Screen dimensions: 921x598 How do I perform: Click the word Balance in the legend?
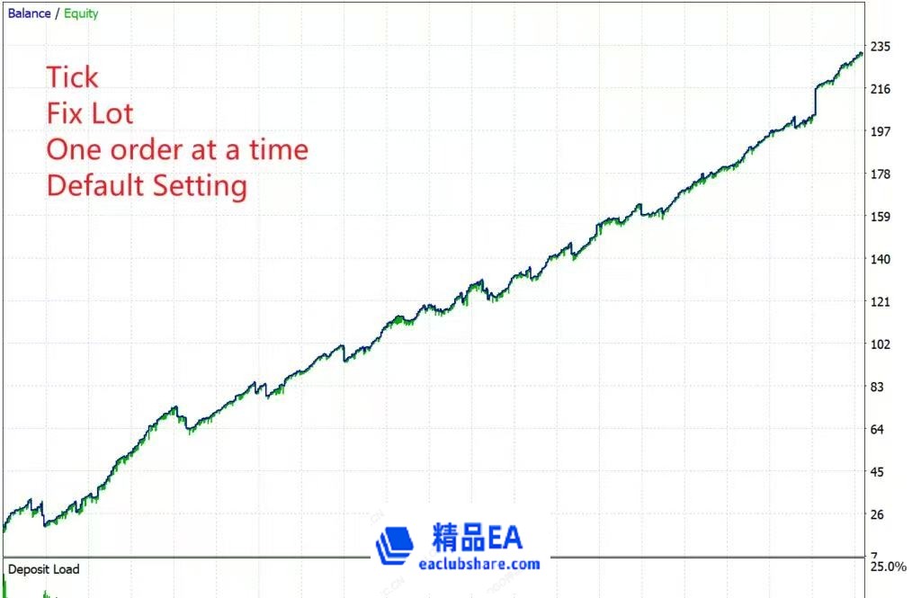30,13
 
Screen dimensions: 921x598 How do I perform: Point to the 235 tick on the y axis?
881,47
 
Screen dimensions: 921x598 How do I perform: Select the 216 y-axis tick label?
881,89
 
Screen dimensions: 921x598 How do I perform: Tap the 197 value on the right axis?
881,131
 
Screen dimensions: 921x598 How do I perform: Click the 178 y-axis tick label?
881,174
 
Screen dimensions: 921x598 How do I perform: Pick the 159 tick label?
881,217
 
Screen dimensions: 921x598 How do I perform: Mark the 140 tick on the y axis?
881,260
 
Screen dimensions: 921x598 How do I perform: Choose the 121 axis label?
881,302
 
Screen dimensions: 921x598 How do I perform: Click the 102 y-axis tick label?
881,344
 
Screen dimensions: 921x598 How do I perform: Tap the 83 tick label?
877,387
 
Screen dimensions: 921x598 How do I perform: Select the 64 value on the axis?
877,430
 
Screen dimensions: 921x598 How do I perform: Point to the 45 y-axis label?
877,472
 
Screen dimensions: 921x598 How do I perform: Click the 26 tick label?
877,515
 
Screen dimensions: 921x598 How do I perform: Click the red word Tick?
72,77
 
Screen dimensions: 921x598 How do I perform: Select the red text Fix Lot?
90,113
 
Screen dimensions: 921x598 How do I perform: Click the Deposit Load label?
43,569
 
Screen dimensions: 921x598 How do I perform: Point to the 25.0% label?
889,567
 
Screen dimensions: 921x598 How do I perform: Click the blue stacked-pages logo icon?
395,546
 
